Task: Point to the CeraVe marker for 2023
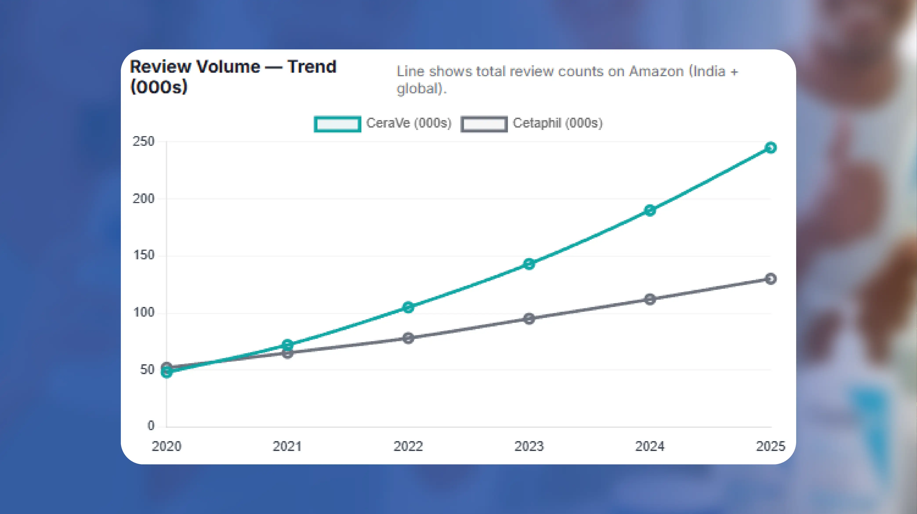coord(529,264)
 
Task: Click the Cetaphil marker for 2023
coord(529,318)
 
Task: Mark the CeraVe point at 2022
coord(408,307)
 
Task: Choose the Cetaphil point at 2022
coord(408,338)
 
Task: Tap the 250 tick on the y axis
coord(143,142)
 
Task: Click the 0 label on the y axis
coord(151,426)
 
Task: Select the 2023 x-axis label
coord(529,446)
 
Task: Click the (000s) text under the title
coord(159,87)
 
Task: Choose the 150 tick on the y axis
coord(143,255)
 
